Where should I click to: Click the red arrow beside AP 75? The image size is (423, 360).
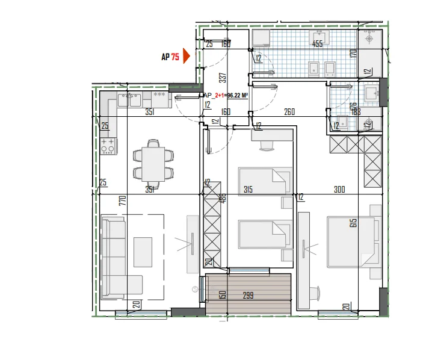click(x=186, y=57)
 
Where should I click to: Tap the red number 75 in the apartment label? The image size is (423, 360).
click(x=175, y=57)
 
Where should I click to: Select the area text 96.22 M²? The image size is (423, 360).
click(x=236, y=95)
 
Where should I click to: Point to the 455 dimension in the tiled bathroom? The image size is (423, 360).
click(x=317, y=44)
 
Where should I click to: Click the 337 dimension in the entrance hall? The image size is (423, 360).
click(x=205, y=77)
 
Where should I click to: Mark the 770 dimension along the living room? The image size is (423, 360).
click(x=123, y=200)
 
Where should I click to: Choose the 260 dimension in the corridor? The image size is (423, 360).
click(x=289, y=111)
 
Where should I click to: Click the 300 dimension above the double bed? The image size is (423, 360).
click(x=339, y=190)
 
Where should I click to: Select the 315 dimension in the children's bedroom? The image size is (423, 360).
click(x=247, y=190)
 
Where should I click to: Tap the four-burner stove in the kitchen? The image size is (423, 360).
click(x=108, y=145)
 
